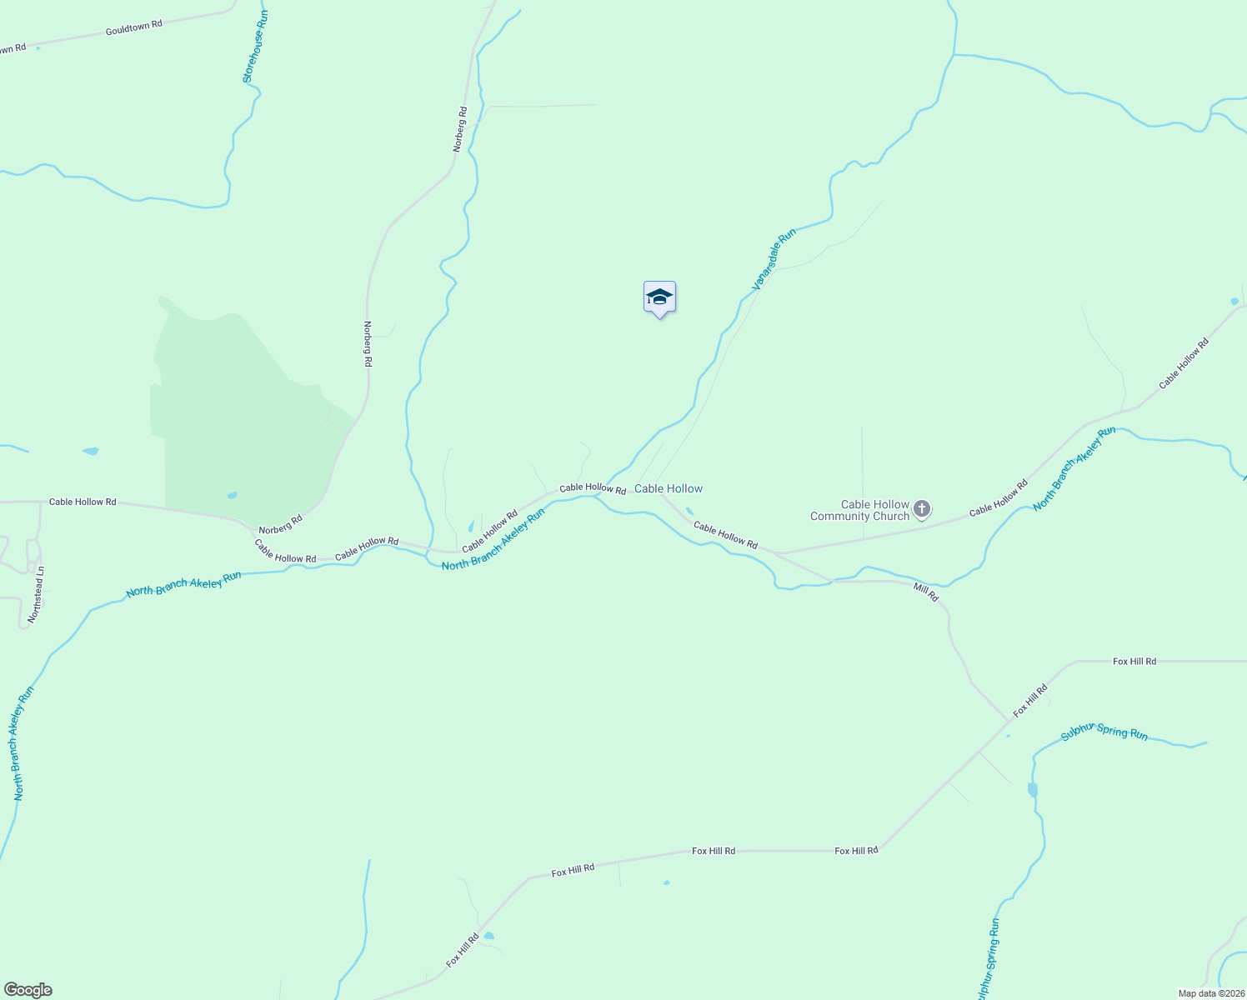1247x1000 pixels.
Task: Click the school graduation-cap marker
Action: [659, 297]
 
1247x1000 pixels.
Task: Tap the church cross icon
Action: [922, 508]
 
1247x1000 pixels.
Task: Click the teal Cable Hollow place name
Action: [669, 488]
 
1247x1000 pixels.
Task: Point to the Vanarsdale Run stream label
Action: [774, 259]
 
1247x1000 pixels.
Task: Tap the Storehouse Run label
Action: [254, 46]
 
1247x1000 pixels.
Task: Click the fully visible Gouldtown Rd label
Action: [133, 27]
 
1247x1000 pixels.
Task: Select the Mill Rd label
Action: [925, 592]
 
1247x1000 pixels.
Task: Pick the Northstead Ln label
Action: [36, 594]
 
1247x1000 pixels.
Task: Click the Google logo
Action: [28, 990]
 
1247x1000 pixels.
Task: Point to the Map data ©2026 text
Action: [1210, 993]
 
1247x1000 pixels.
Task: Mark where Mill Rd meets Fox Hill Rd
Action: [1009, 720]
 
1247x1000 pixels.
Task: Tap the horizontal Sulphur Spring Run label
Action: [1104, 732]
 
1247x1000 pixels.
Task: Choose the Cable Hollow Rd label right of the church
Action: [998, 497]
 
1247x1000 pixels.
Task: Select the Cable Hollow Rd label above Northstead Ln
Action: [83, 502]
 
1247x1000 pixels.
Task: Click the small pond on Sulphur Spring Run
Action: [1033, 789]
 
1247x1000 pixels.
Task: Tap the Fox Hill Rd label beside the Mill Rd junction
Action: [1030, 701]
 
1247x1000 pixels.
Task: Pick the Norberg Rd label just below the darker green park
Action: [280, 525]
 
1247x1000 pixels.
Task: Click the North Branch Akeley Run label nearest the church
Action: [1074, 469]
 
